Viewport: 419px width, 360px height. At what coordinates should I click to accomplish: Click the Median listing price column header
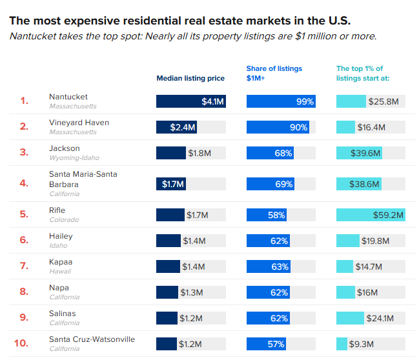pyautogui.click(x=190, y=78)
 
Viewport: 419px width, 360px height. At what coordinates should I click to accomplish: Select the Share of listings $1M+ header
pyautogui.click(x=274, y=73)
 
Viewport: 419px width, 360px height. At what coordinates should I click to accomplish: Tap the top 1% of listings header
pyautogui.click(x=363, y=73)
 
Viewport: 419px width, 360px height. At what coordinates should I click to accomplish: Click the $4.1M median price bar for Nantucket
pyautogui.click(x=191, y=101)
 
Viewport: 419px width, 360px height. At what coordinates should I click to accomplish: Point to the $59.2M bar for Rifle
pyautogui.click(x=371, y=215)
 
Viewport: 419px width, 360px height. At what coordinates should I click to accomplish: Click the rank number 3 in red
pyautogui.click(x=24, y=152)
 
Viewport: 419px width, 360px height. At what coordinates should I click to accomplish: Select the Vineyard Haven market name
pyautogui.click(x=79, y=123)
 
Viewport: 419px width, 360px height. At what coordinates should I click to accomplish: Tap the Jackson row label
pyautogui.click(x=65, y=148)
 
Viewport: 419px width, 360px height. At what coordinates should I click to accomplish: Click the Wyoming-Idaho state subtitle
pyautogui.click(x=74, y=157)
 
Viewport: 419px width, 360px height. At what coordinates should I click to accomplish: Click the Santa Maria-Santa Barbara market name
pyautogui.click(x=83, y=179)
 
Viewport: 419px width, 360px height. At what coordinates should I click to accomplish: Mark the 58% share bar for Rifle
pyautogui.click(x=267, y=215)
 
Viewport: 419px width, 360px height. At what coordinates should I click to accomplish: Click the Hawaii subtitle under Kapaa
pyautogui.click(x=60, y=271)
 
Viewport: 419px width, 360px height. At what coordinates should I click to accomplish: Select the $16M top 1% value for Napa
pyautogui.click(x=367, y=292)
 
